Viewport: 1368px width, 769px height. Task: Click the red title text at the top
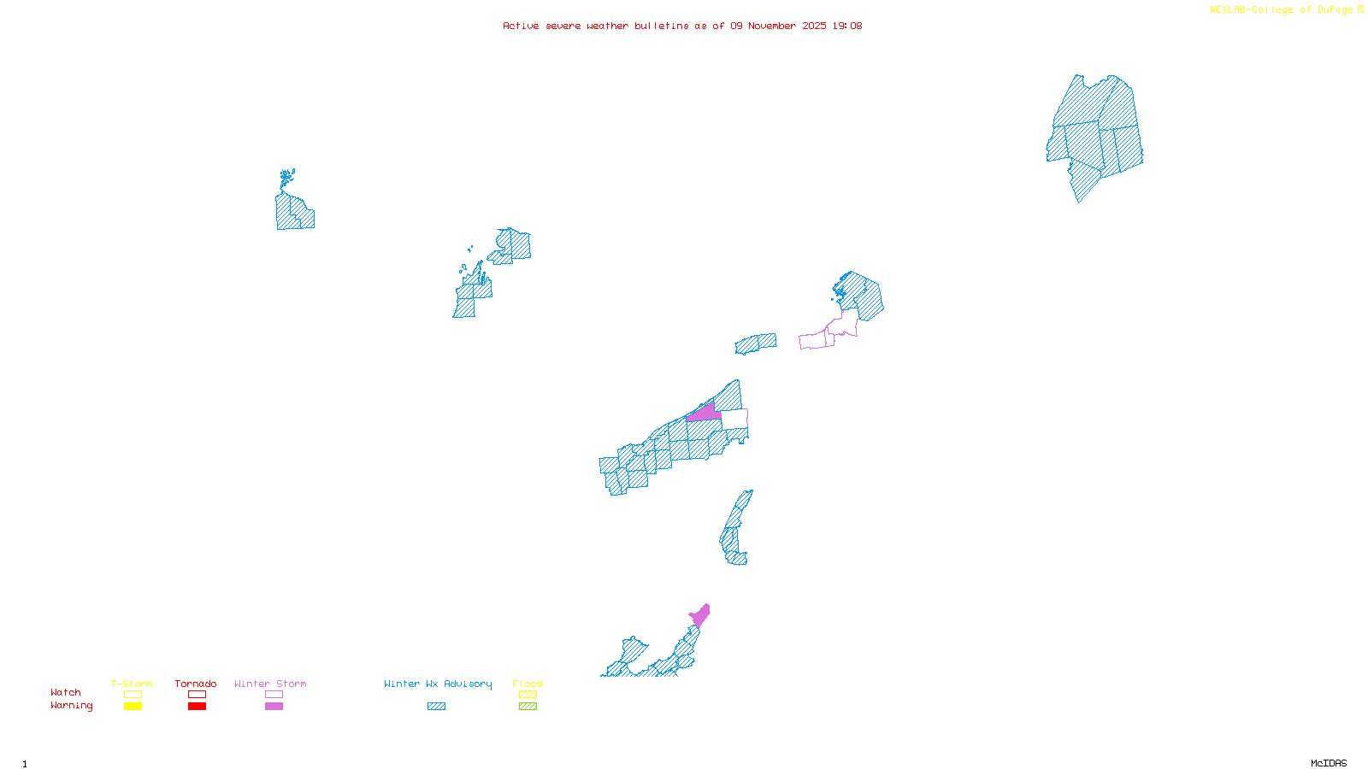[682, 26]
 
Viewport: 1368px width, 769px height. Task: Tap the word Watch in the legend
[66, 692]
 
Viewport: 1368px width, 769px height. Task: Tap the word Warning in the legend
[71, 706]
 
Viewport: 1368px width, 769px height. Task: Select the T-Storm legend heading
[132, 684]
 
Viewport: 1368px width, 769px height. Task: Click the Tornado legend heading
[196, 684]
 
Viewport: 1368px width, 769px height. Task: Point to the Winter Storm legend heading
[270, 684]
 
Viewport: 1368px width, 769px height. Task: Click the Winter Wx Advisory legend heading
[438, 684]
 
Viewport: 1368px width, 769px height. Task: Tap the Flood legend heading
[528, 684]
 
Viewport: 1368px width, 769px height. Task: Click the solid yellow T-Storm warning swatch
[133, 707]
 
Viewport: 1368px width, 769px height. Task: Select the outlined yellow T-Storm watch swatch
[133, 695]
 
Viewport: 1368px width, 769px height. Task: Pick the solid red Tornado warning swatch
[197, 707]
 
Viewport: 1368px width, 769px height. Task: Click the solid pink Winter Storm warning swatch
[274, 707]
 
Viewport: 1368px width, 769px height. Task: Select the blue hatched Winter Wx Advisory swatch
[436, 707]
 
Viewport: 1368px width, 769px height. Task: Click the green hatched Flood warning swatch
[528, 707]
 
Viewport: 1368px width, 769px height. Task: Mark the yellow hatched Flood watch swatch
[528, 695]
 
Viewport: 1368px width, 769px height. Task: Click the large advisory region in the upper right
[1094, 137]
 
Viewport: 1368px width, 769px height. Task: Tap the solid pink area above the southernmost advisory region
[700, 615]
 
